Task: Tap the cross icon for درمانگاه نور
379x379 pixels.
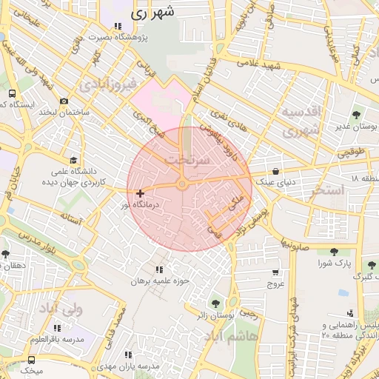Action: [140, 193]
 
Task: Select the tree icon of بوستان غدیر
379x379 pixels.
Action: [357, 115]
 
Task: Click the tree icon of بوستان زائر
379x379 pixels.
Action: [215, 303]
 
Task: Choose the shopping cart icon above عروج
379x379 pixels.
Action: [275, 272]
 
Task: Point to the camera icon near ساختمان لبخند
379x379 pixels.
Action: [64, 101]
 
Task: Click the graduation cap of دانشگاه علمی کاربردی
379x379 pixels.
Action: [73, 160]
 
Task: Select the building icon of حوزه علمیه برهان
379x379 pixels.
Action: [159, 269]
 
